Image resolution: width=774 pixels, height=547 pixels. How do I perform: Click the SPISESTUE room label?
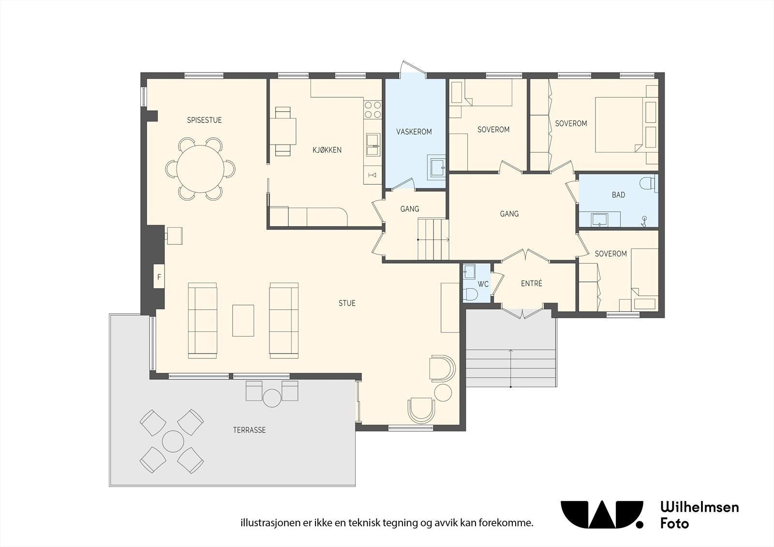tap(204, 120)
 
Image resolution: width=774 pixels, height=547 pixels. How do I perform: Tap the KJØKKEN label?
tap(327, 150)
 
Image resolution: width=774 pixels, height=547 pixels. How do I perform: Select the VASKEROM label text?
tap(414, 132)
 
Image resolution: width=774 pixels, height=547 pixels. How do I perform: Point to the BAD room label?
tap(618, 195)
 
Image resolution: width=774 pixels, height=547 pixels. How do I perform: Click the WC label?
tap(483, 284)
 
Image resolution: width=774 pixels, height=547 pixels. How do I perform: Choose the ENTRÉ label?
tap(532, 283)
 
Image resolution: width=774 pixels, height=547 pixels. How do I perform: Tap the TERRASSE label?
tap(249, 430)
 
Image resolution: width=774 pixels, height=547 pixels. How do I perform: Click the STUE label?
tap(347, 303)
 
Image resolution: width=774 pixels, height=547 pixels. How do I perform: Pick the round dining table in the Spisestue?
tap(200, 169)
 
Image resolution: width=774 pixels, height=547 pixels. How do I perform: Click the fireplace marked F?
tap(159, 277)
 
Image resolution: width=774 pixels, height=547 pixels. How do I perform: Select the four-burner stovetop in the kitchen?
tap(372, 110)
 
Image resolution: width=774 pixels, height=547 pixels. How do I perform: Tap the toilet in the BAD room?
tap(648, 183)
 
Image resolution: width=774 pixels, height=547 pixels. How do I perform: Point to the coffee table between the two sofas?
tap(243, 320)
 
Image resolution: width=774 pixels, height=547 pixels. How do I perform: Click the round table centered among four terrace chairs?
tap(173, 441)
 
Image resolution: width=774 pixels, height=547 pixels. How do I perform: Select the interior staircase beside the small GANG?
tap(433, 239)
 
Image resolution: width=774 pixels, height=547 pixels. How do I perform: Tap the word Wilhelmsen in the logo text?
tap(700, 507)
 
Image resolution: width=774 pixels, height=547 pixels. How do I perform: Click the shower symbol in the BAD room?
tap(644, 221)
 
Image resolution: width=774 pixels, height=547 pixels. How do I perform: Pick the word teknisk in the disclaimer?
tap(400, 523)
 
